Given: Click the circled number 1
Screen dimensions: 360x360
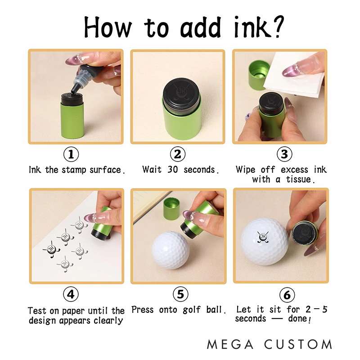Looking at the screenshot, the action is point(71,154).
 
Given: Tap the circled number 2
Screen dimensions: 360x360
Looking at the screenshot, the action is point(178,154).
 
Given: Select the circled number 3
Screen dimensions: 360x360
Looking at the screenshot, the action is point(284,154).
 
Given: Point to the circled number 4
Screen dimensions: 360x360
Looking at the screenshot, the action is point(71,294).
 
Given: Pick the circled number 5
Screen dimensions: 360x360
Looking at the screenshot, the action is point(180,294).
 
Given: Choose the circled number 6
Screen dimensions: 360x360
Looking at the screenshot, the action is point(287,295).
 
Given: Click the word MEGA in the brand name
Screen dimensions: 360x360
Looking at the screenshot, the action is point(230,344).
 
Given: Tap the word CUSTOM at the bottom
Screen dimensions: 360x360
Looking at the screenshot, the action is point(298,344).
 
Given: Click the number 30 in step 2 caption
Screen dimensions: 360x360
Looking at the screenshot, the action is point(173,170).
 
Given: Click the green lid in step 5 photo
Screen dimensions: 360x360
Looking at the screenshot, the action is point(171,208).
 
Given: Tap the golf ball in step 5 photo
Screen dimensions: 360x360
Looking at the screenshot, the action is point(171,250).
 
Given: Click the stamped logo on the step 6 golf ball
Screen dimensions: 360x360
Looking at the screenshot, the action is point(263,237).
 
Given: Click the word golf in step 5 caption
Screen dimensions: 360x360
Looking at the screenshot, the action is point(192,310).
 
